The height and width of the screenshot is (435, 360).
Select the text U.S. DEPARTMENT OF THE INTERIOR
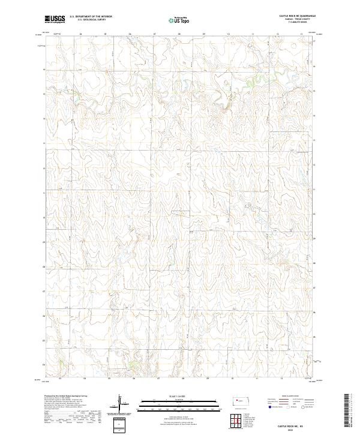pyautogui.click(x=91, y=17)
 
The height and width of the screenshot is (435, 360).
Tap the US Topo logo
pyautogui.click(x=179, y=19)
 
